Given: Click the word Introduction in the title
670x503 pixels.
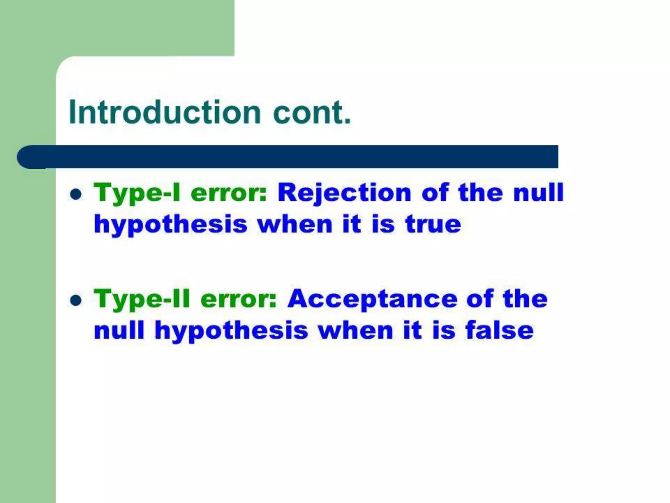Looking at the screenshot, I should [x=165, y=112].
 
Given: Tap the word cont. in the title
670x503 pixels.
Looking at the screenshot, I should [x=312, y=112].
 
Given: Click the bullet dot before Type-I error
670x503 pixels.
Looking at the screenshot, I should [x=76, y=194].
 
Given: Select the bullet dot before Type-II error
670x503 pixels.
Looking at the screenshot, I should [x=76, y=300].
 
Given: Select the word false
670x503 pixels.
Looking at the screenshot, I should [x=500, y=330].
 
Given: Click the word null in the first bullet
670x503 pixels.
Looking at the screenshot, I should [x=538, y=193].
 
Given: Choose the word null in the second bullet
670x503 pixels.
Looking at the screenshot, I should [x=119, y=330].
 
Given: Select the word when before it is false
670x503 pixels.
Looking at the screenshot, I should [x=356, y=330].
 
